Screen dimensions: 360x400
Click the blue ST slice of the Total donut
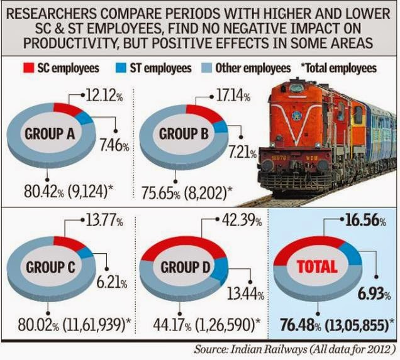(x=353, y=257)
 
